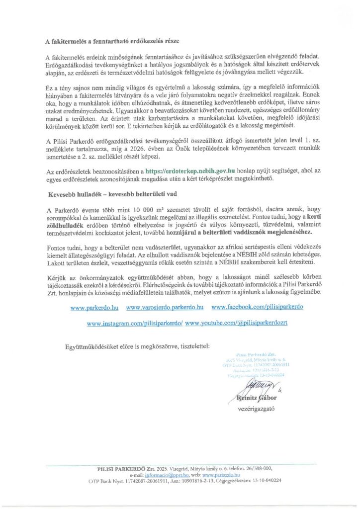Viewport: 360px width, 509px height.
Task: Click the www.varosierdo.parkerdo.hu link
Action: pyautogui.click(x=165, y=308)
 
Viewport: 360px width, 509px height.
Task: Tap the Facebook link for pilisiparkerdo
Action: pyautogui.click(x=257, y=308)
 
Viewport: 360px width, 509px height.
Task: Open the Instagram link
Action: pyautogui.click(x=134, y=323)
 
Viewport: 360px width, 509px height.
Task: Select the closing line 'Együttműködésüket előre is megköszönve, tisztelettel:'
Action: pyautogui.click(x=137, y=345)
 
